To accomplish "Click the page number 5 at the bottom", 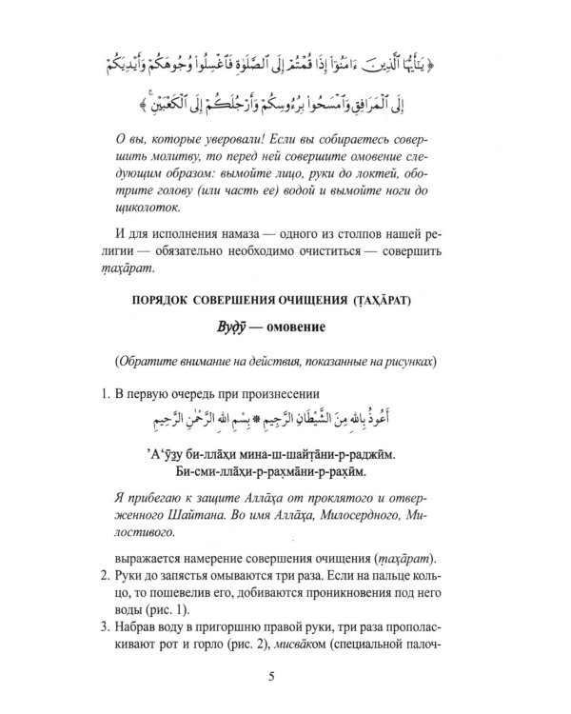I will tap(285, 677).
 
